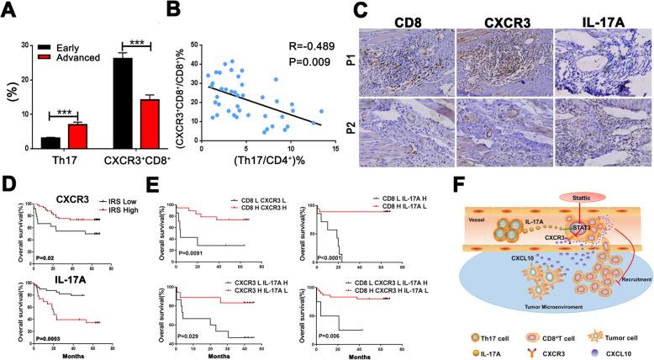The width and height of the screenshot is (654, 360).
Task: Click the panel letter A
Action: tap(12, 10)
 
